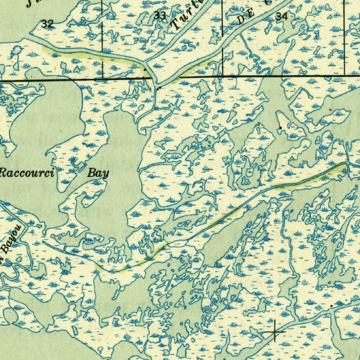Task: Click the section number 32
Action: click(47, 24)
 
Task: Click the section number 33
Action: click(160, 16)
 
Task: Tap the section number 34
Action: click(281, 17)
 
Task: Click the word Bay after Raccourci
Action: click(98, 173)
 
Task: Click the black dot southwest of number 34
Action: click(280, 128)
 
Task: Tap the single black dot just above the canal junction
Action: click(146, 70)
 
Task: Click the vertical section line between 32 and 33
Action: click(102, 39)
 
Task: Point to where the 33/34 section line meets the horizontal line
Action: click(223, 76)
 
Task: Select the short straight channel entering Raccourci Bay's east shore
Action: click(155, 164)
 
